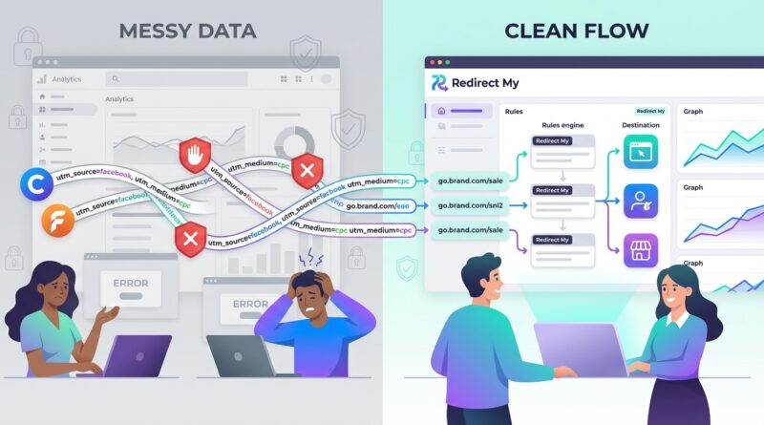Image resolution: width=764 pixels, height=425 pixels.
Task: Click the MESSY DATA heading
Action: tap(187, 30)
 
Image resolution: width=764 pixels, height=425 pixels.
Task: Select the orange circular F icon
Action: tap(58, 222)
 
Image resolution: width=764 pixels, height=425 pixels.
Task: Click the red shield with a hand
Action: tap(195, 155)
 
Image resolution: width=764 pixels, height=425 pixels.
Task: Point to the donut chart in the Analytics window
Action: tap(294, 143)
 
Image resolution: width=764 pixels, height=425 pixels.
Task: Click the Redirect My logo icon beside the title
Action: tap(440, 84)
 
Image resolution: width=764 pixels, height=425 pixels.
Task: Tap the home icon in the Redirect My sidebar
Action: tap(440, 112)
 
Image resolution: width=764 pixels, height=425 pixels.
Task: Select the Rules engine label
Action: tap(563, 125)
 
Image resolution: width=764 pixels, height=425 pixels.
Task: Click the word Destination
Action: tap(640, 125)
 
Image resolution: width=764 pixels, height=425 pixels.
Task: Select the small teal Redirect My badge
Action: tap(650, 111)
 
